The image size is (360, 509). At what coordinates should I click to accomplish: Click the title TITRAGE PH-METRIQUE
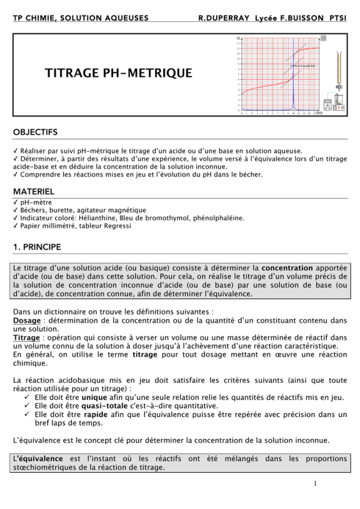(x=119, y=73)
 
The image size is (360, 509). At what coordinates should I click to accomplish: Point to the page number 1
(x=315, y=484)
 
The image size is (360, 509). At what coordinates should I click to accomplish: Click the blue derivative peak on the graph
(x=293, y=91)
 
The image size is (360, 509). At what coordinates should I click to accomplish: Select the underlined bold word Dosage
(x=27, y=320)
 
